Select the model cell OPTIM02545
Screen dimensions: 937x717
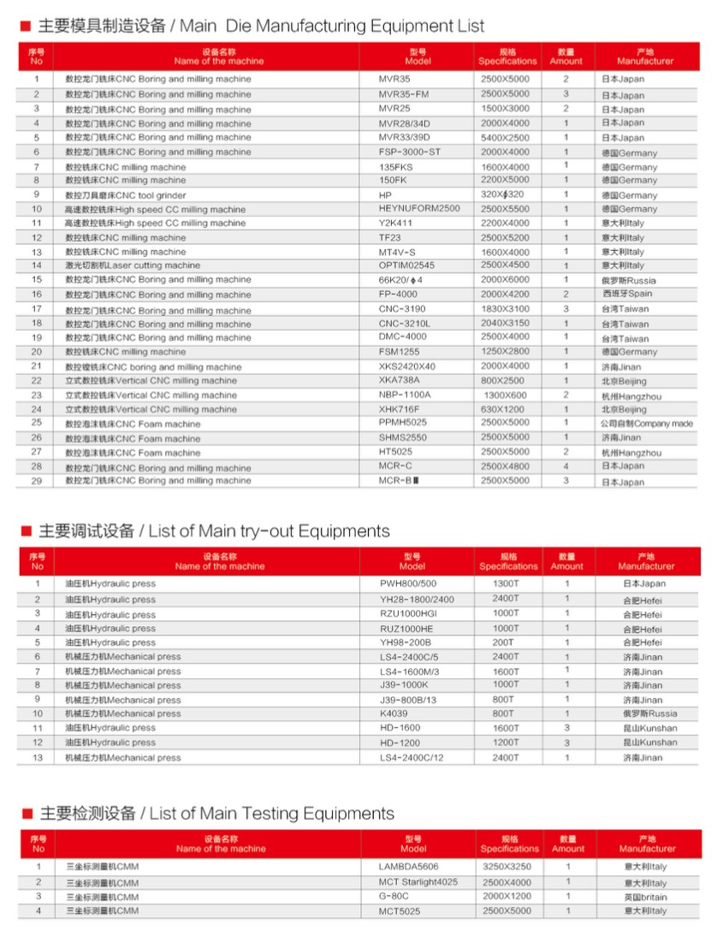coord(406,266)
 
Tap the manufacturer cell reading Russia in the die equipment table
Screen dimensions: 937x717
coord(628,280)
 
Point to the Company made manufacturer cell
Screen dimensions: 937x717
coord(646,424)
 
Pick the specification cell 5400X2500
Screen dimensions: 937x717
coord(505,137)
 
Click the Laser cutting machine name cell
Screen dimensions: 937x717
coord(133,266)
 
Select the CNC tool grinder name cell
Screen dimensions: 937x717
coord(125,195)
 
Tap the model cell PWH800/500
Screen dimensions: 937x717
coord(407,584)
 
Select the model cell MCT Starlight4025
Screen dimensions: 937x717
coord(418,882)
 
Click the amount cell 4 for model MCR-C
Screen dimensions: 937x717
coord(566,467)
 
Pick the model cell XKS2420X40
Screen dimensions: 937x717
coord(406,367)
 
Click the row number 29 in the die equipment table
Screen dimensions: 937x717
coord(37,481)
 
